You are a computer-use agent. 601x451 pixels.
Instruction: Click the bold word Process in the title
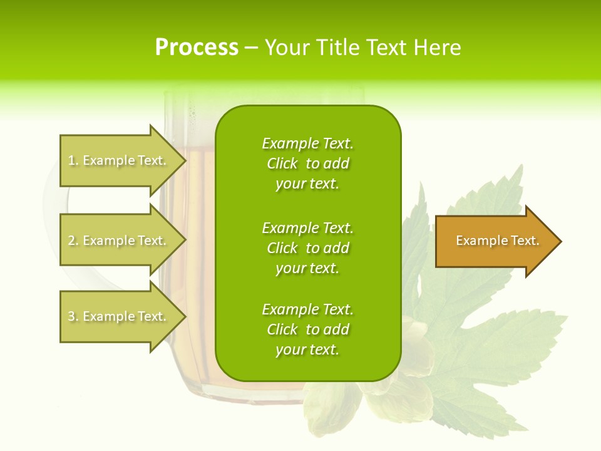click(197, 48)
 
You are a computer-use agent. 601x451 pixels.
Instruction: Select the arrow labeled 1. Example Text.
click(119, 160)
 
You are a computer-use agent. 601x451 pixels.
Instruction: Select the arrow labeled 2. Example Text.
click(119, 241)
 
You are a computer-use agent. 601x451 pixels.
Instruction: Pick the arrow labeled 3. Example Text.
click(119, 316)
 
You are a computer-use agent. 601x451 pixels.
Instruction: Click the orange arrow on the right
click(495, 241)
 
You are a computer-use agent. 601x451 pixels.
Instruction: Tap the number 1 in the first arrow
click(71, 161)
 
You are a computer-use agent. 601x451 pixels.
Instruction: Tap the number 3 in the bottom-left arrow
click(71, 317)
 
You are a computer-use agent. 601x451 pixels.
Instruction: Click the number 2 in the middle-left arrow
click(71, 241)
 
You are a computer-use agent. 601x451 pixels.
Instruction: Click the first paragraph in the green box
click(307, 163)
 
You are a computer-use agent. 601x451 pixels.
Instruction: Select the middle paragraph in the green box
click(307, 248)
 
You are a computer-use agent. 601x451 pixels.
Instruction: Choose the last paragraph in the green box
click(307, 329)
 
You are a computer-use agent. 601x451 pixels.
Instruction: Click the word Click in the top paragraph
click(282, 163)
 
